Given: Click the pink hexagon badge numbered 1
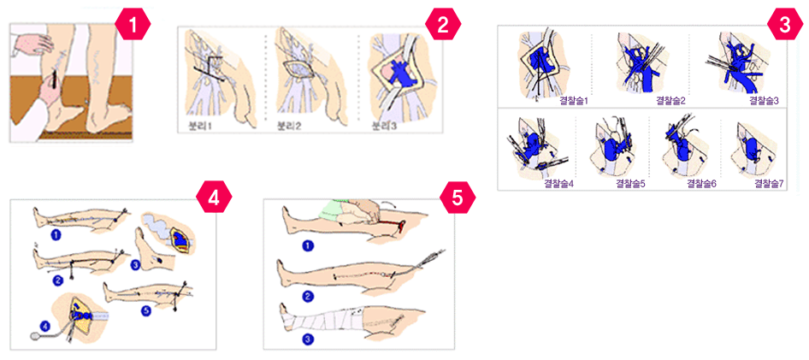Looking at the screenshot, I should [x=132, y=23].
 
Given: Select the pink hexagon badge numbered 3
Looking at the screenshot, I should [x=784, y=25].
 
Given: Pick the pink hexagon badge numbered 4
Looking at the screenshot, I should [x=214, y=197].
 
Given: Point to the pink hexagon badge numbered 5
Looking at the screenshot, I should [x=458, y=197].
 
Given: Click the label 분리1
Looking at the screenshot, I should [x=200, y=127].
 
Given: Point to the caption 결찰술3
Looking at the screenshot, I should [x=764, y=100].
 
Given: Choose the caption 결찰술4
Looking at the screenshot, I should [x=559, y=183].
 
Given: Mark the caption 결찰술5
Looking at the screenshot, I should [x=631, y=183].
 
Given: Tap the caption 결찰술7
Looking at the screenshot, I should [x=769, y=183].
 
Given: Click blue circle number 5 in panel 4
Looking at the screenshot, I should [x=146, y=310].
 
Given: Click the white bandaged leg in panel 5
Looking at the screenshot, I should [x=321, y=323].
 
